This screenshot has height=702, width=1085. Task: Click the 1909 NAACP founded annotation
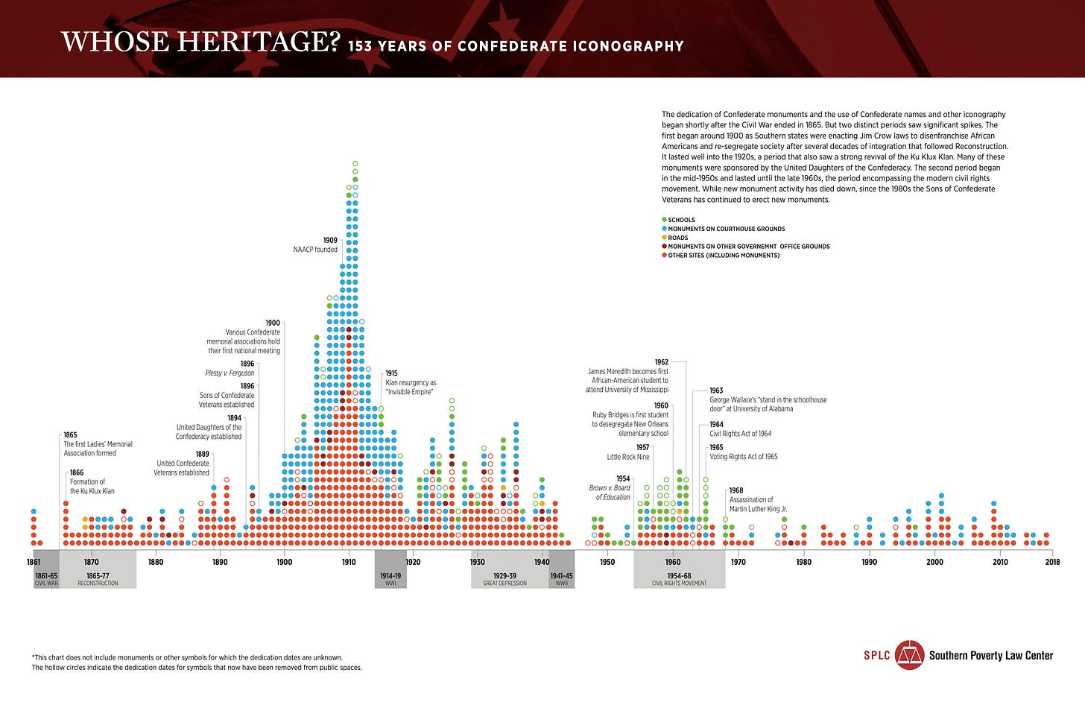coord(316,245)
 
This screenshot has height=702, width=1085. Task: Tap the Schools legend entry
coord(681,220)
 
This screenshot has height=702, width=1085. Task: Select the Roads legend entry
coord(678,238)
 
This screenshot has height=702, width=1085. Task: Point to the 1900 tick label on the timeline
coord(284,562)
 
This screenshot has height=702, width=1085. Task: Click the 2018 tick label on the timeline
coord(1052,562)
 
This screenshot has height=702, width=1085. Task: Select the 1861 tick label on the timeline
coord(34,562)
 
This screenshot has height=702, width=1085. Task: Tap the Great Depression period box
coord(505,578)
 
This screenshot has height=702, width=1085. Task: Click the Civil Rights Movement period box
coord(679,578)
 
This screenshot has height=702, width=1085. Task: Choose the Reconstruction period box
coord(98,578)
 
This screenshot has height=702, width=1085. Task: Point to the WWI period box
coord(390,578)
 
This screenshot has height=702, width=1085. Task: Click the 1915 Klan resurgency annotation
coord(410,383)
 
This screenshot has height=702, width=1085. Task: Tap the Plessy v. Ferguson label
coord(230,373)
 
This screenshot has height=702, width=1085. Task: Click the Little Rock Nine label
coord(627,457)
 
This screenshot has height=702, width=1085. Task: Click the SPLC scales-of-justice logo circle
coord(909,655)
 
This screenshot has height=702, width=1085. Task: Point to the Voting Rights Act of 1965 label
coord(743,457)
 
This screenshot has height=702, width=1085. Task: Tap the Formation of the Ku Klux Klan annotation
coord(92,486)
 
